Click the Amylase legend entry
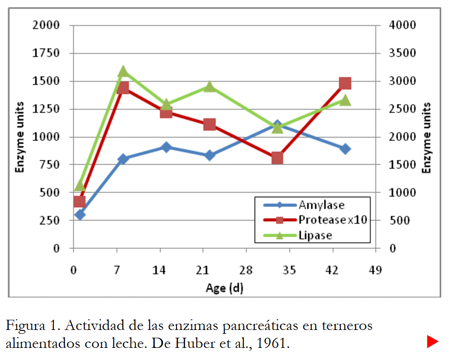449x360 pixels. point(321,205)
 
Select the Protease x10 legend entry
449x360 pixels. point(332,220)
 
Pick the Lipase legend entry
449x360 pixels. point(315,235)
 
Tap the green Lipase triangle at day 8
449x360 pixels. point(123,72)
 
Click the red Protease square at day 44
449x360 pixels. point(345,83)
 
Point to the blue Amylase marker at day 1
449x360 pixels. point(80,214)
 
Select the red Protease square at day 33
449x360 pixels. point(277,158)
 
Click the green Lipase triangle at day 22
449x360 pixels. point(209,86)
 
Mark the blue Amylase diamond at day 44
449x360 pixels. point(345,149)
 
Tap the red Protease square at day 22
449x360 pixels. point(209,125)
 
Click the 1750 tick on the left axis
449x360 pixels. point(46,53)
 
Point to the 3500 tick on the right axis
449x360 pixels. point(402,53)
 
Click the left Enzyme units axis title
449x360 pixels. point(20,137)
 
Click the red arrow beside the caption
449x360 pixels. point(433,342)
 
